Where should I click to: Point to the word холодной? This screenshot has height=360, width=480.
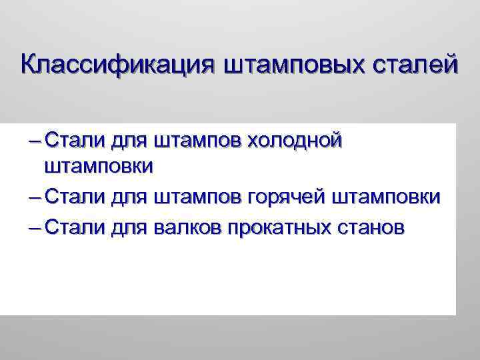tap(295, 141)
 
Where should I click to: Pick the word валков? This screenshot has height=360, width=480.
tap(187, 227)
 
